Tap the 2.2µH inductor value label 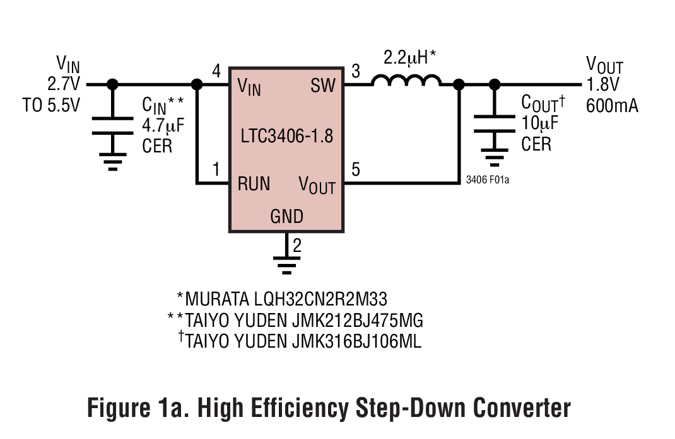410,59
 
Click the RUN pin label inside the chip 254,184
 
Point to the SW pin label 323,86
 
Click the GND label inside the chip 286,217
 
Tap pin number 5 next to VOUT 355,169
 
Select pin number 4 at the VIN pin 216,71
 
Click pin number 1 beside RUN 216,169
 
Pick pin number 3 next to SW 355,71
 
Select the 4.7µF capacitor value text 163,125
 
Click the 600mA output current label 611,105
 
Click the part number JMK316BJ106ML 357,341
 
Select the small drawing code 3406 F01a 487,180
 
